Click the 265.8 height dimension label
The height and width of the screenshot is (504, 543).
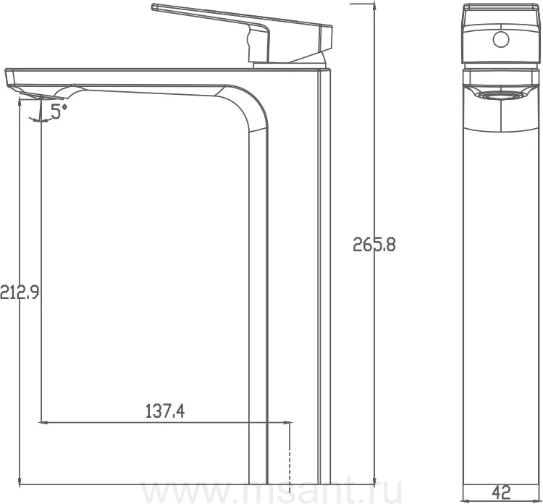coord(374,245)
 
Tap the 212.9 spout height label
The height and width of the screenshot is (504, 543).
coord(20,293)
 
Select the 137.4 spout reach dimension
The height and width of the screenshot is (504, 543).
coord(165,411)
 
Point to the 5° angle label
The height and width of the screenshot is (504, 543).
coord(59,112)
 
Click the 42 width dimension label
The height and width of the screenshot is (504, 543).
coord(501,491)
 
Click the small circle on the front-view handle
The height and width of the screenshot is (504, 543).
coord(501,40)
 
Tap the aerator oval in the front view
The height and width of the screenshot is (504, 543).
coord(501,96)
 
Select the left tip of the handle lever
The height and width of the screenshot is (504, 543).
coord(152,7)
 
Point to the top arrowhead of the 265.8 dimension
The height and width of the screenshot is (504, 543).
coord(374,4)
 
